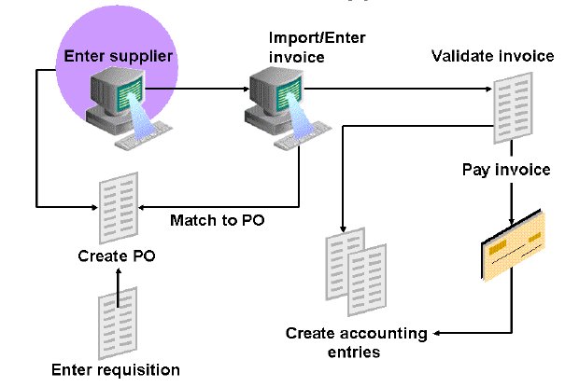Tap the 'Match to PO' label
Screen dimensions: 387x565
(206, 221)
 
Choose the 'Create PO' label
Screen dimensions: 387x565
(118, 253)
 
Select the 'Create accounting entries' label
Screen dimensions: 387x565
(356, 342)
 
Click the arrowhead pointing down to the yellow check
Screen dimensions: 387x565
(511, 220)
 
